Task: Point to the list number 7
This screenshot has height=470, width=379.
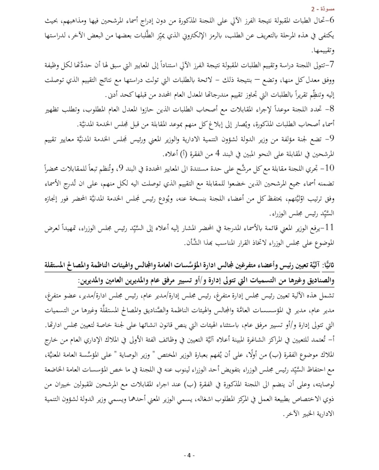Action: pyautogui.click(x=332, y=65)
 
